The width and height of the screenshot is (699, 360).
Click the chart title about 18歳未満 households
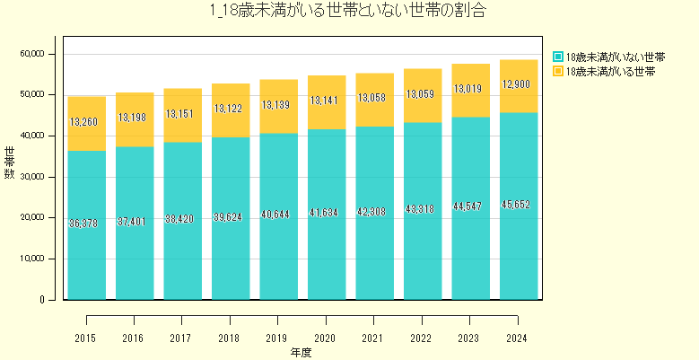click(349, 12)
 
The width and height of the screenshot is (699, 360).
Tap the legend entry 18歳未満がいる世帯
click(609, 70)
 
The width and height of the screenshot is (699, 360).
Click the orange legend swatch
click(558, 70)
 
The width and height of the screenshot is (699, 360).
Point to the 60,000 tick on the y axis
click(31, 54)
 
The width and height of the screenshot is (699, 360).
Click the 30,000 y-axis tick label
click(31, 177)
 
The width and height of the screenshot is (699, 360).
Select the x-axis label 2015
click(87, 338)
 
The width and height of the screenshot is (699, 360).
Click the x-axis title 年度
click(301, 353)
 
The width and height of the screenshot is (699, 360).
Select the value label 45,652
click(517, 205)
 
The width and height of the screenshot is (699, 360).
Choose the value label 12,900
click(517, 84)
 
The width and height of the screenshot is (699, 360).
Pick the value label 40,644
click(279, 215)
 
